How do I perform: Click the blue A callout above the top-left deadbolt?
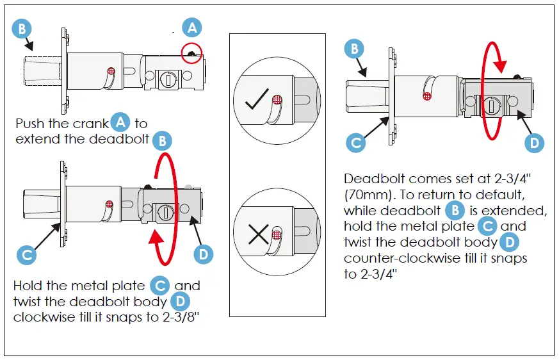pos(191,28)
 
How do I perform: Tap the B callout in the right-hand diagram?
pos(355,49)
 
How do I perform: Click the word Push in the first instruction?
pos(29,124)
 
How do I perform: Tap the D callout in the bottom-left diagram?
pos(202,254)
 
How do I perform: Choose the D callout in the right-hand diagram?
pos(533,142)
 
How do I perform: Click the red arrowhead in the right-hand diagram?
pos(501,67)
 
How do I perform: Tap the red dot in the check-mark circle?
pos(277,99)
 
